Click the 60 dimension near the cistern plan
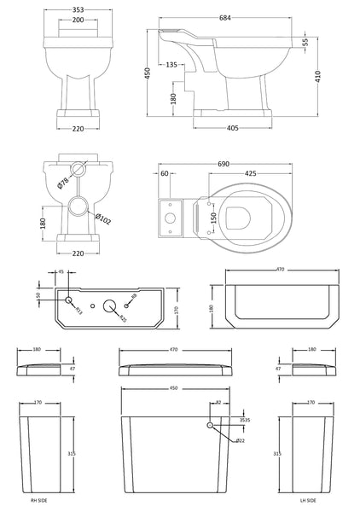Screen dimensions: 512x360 (165, 173)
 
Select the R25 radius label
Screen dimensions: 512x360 (123, 317)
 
